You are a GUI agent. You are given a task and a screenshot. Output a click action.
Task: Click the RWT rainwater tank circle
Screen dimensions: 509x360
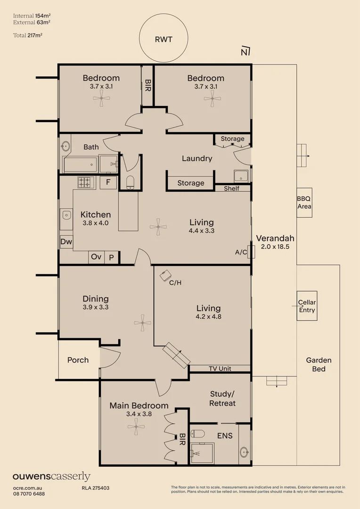164,39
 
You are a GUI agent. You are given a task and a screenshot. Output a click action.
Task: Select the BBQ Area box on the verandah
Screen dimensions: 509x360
304,203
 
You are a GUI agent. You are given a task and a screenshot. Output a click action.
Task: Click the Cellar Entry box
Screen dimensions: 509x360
307,306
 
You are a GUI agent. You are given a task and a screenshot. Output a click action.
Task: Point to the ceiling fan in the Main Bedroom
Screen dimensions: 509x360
136,426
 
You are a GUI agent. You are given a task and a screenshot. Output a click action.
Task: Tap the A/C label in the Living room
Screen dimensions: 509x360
241,252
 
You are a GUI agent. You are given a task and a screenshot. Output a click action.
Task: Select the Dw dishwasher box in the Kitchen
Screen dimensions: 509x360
66,242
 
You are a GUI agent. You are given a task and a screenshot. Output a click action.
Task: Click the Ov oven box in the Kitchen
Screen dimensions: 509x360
96,257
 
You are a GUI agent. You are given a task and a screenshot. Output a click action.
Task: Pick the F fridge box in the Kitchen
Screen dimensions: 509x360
108,182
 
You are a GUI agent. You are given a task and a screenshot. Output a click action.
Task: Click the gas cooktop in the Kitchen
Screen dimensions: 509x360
86,182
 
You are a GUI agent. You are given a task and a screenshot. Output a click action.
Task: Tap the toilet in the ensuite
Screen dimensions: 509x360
198,434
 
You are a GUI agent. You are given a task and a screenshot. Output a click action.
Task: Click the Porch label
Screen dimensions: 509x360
78,360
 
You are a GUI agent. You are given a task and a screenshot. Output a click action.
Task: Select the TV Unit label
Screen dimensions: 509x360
219,369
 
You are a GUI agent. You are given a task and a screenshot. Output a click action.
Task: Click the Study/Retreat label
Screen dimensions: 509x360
222,398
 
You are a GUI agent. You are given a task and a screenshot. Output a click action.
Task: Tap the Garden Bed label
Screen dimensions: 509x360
319,364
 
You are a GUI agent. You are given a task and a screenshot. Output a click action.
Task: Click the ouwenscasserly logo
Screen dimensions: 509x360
51,476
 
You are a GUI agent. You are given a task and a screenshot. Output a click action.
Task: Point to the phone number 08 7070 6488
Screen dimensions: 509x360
29,493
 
